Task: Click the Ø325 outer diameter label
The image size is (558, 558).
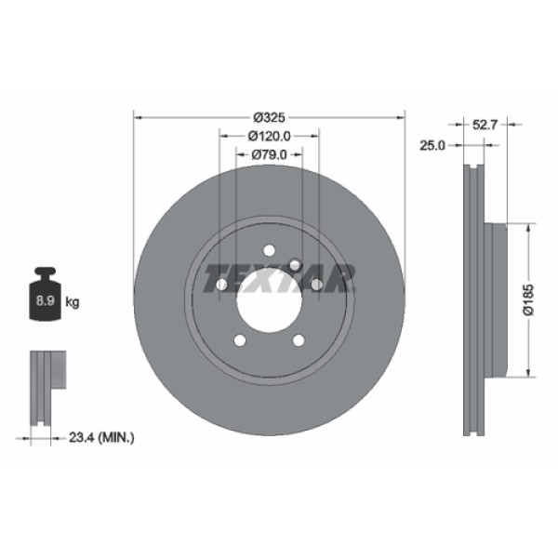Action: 269,117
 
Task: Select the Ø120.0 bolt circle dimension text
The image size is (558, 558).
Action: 271,136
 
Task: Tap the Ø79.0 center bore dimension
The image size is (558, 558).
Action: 270,154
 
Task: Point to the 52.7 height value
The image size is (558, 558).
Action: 482,122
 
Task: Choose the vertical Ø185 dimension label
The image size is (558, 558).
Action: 527,300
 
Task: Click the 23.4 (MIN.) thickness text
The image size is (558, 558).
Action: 102,434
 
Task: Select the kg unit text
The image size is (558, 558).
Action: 73,301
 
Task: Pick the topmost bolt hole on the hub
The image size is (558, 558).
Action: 270,250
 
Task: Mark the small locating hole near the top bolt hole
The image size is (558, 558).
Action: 295,265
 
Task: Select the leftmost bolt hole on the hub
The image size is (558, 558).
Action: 222,284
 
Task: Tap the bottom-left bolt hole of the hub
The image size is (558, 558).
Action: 240,339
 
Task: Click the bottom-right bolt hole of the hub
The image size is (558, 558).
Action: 299,339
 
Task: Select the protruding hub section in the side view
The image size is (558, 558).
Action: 496,299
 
